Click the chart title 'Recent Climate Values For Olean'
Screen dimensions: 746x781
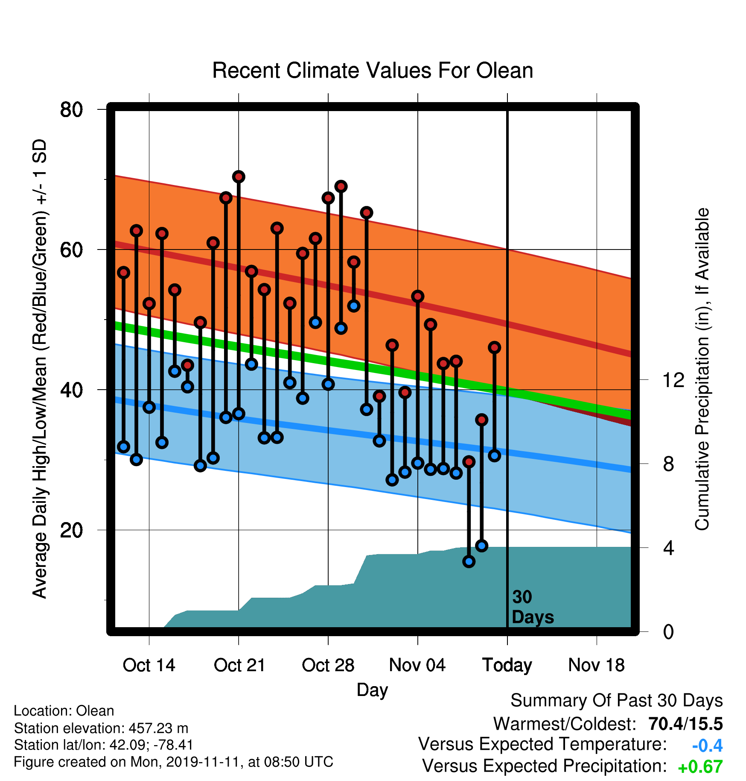click(373, 70)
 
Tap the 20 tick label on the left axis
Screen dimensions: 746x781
click(71, 530)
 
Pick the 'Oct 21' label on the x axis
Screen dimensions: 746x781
click(239, 665)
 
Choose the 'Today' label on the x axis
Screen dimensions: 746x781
click(507, 666)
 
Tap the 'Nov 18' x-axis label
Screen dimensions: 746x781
click(597, 665)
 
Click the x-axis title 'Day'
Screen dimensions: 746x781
click(373, 690)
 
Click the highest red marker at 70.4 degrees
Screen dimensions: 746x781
click(239, 177)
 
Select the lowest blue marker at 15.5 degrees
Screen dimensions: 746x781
click(469, 561)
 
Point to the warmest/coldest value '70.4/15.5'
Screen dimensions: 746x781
click(685, 724)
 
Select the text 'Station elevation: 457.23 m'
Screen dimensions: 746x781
click(101, 728)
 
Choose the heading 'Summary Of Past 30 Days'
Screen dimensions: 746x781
click(617, 701)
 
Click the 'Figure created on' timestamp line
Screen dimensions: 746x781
click(173, 762)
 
